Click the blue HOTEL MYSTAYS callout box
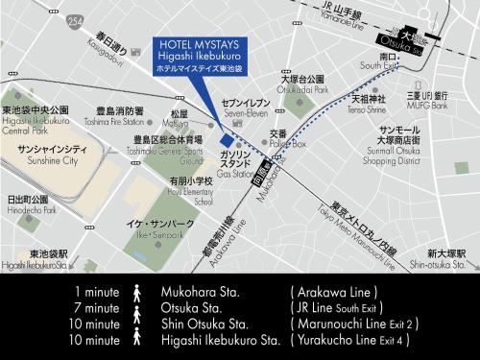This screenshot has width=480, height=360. click(200, 56)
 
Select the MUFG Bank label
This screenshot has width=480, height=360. click(428, 100)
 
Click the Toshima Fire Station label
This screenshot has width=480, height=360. click(114, 114)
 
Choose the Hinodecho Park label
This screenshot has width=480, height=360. click(28, 203)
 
